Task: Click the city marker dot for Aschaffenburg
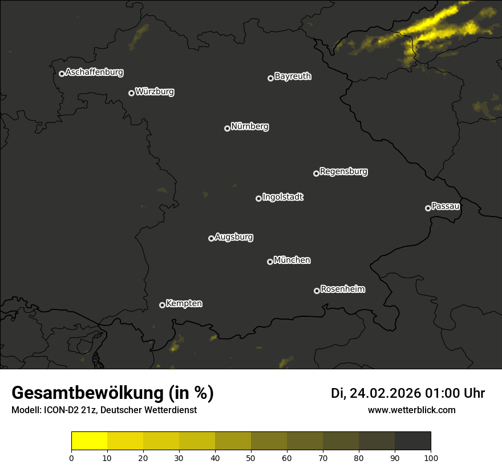tap(62, 74)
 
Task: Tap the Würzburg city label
tap(155, 92)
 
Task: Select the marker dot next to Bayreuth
tap(270, 78)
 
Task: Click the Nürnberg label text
tap(250, 127)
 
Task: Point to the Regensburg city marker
tap(316, 173)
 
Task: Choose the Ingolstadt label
tap(283, 197)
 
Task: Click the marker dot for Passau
tap(428, 208)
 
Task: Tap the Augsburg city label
tap(234, 237)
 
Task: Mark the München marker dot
tap(270, 262)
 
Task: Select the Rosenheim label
tap(342, 289)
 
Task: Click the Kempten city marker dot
tap(162, 305)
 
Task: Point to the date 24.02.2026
tap(385, 393)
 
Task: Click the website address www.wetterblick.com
tap(411, 410)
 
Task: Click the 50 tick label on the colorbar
tap(251, 458)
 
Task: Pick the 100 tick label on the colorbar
tap(431, 458)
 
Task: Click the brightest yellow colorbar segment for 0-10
tap(90, 441)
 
